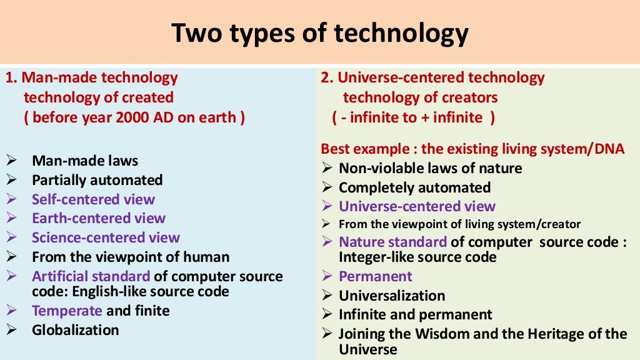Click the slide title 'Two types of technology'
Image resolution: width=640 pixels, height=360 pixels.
[x=319, y=33]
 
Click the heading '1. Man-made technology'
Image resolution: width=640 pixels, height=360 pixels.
[x=92, y=78]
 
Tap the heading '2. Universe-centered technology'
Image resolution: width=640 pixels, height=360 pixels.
[x=432, y=78]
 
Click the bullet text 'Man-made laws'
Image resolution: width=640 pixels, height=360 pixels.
[x=85, y=161]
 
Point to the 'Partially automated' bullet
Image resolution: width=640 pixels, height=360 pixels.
[x=97, y=180]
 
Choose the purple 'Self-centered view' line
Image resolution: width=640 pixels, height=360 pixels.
[x=93, y=199]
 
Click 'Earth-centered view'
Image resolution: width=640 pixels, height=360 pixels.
[x=99, y=218]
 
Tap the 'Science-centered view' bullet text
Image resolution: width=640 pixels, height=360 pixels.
[x=106, y=237]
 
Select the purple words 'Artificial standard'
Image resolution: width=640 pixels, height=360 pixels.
[x=91, y=276]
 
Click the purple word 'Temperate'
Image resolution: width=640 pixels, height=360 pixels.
[x=67, y=311]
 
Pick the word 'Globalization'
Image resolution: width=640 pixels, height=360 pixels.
[x=75, y=329]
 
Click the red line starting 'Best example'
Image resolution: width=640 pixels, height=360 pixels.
[x=472, y=149]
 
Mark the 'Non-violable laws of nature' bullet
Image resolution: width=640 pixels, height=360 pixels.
[x=430, y=168]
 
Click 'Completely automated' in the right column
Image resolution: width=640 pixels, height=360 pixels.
[x=414, y=187]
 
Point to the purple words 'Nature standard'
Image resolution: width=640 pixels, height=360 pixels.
[x=392, y=242]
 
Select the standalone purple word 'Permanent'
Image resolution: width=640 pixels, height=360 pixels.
[x=376, y=276]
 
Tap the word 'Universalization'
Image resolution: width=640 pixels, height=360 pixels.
[x=392, y=296]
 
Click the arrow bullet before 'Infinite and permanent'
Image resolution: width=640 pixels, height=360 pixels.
[x=327, y=314]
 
